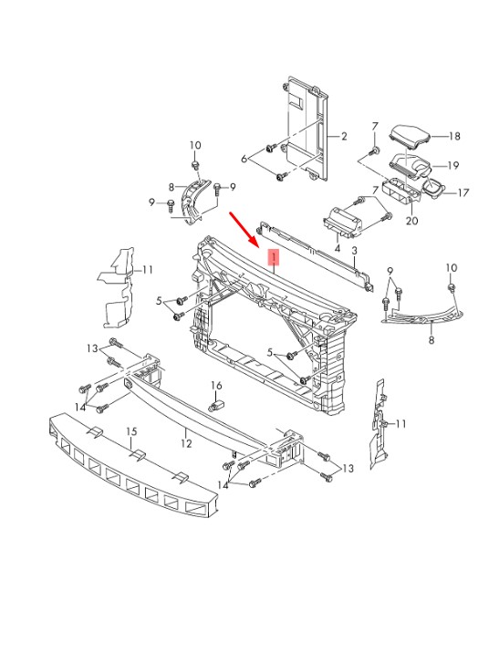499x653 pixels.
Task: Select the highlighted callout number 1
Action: pyautogui.click(x=274, y=257)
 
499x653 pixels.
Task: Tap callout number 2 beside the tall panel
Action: pyautogui.click(x=344, y=136)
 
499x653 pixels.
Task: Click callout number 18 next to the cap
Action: pyautogui.click(x=454, y=136)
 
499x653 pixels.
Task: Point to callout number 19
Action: pyautogui.click(x=452, y=166)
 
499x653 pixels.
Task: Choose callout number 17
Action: pyautogui.click(x=463, y=192)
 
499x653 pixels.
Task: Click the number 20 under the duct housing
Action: pyautogui.click(x=411, y=220)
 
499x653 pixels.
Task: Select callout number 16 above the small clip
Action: pyautogui.click(x=216, y=386)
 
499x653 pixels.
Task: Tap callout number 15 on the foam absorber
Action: pyautogui.click(x=131, y=431)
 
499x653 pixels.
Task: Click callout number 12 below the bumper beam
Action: pyautogui.click(x=186, y=444)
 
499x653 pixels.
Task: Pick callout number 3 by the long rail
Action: pyautogui.click(x=355, y=251)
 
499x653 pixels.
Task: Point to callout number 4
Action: pyautogui.click(x=337, y=249)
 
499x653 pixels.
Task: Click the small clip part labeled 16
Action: pyautogui.click(x=216, y=405)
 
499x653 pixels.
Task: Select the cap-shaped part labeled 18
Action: pyautogui.click(x=410, y=135)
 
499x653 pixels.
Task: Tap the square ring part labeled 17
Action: pyautogui.click(x=433, y=188)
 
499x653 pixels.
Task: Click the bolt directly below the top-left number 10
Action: pyautogui.click(x=195, y=165)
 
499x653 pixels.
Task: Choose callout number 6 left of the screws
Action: pyautogui.click(x=244, y=159)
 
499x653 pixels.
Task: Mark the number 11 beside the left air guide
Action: pyautogui.click(x=147, y=270)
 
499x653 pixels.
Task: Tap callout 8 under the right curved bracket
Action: pyautogui.click(x=431, y=340)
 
